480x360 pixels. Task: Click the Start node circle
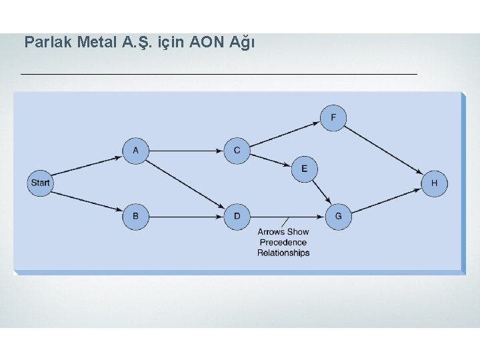click(40, 183)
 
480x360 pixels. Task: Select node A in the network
click(135, 150)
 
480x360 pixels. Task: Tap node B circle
click(135, 216)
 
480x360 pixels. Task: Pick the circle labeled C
click(237, 150)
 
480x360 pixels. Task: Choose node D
click(237, 216)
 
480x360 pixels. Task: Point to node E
click(304, 169)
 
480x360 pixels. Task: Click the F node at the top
click(333, 118)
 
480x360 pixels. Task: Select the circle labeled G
click(339, 216)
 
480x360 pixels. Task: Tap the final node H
click(434, 183)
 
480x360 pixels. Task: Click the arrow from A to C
click(186, 151)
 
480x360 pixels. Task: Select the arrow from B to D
click(186, 216)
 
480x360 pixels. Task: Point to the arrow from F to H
click(384, 151)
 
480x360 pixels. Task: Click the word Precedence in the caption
click(283, 243)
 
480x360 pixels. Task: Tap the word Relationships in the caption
click(283, 253)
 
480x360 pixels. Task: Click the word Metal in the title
click(97, 43)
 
